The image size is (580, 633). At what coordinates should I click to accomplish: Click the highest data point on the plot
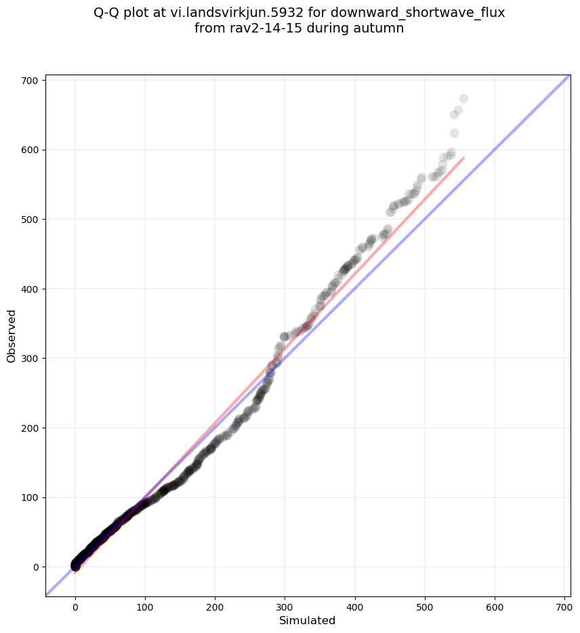tap(463, 99)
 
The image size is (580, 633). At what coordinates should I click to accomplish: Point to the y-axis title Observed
tap(12, 335)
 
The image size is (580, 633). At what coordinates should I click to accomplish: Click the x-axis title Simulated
tap(308, 621)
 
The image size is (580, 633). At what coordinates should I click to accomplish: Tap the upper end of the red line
tap(464, 158)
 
